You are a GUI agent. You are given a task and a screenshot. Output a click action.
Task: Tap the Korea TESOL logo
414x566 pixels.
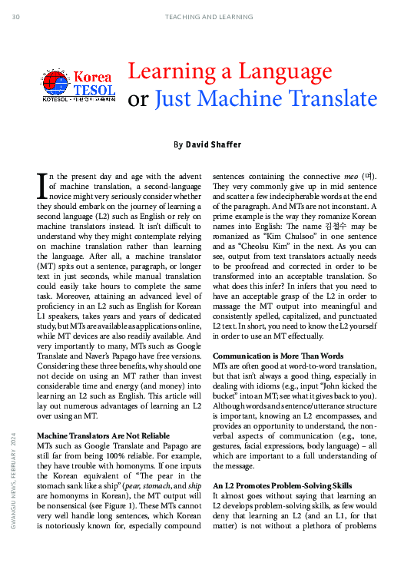[x=78, y=86]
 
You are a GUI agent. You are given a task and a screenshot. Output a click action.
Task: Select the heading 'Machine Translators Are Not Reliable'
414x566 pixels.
[x=104, y=436]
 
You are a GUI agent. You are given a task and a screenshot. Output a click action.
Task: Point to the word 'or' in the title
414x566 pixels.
[x=137, y=100]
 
